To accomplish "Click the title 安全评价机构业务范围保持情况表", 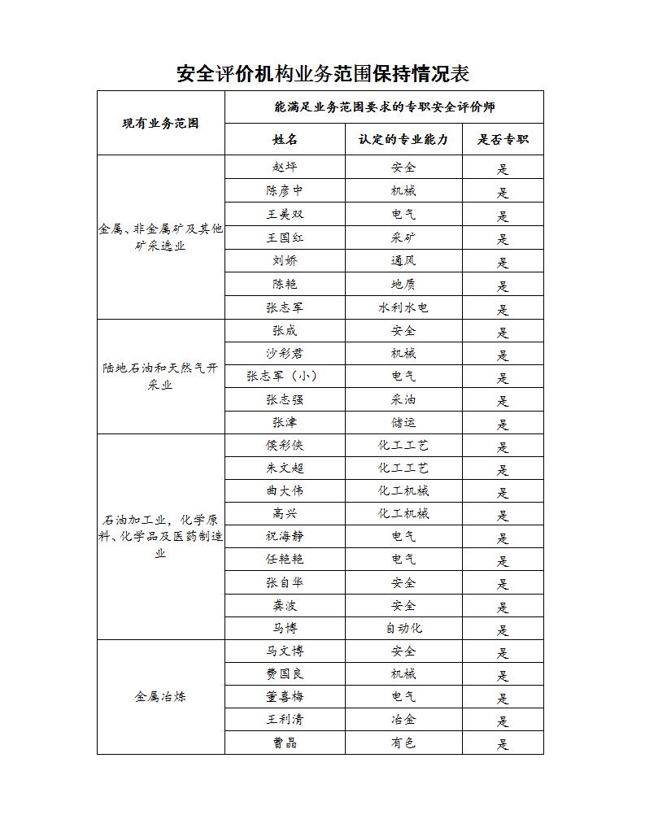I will click(323, 74).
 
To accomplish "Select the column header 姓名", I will click(285, 139).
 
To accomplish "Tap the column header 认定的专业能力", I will click(403, 139).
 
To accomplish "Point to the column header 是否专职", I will click(503, 139).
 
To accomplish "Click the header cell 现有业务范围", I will click(161, 124).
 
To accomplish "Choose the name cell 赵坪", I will click(285, 168).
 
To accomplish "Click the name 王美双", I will click(285, 215).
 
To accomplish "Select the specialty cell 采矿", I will click(403, 238).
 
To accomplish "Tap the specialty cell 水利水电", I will click(403, 307).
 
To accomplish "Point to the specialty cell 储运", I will click(403, 423).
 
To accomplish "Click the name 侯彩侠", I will click(285, 446).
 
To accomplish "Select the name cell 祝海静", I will click(285, 537).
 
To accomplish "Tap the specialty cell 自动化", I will click(403, 628).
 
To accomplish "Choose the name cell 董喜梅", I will click(285, 696).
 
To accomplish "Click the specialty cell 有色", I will click(403, 743).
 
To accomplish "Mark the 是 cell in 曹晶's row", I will click(503, 743).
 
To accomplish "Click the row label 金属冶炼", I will click(161, 697).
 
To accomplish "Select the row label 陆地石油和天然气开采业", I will click(161, 377).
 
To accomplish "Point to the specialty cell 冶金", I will click(403, 720).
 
